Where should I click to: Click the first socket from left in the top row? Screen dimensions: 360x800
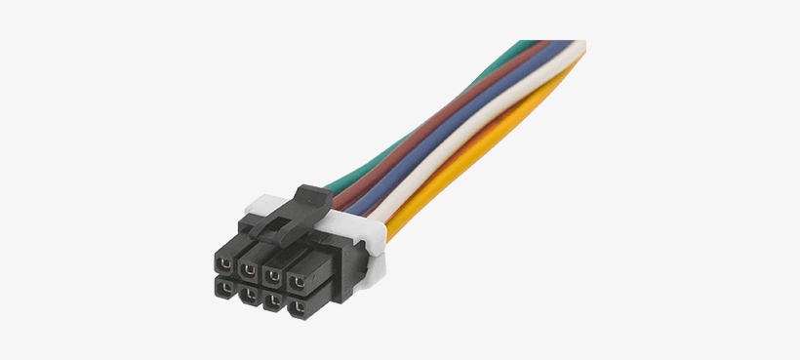tap(225, 262)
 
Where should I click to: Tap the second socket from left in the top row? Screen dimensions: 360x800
tap(250, 265)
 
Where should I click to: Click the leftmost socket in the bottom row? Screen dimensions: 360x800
tap(225, 288)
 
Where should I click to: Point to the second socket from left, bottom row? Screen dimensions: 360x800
tap(250, 292)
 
